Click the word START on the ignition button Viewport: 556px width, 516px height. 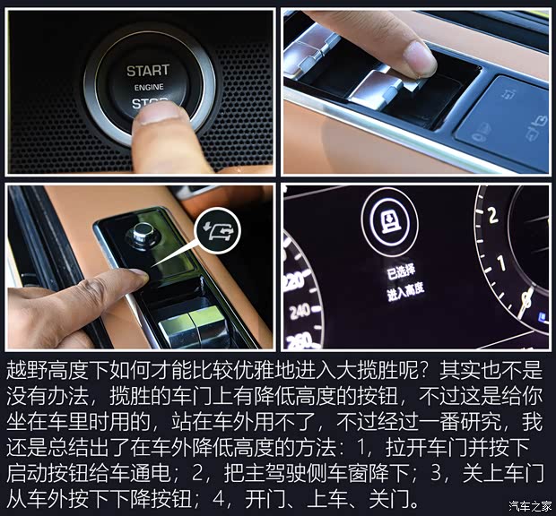[147, 71]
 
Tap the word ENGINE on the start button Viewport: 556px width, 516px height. [148, 88]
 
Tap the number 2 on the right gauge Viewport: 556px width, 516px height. [491, 215]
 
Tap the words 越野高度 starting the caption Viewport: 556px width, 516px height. [40, 369]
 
